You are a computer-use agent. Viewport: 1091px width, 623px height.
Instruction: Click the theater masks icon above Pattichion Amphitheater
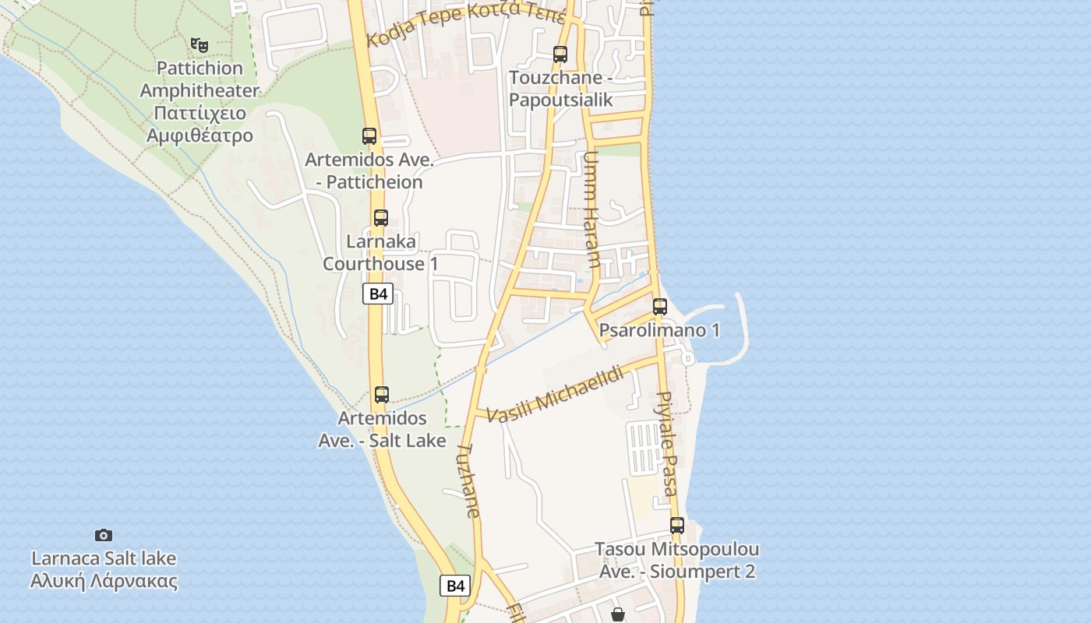pyautogui.click(x=199, y=45)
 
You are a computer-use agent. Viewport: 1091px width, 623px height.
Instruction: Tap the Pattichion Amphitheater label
pyautogui.click(x=199, y=102)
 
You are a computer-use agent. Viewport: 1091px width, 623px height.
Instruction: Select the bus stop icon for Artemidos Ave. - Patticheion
pyautogui.click(x=369, y=136)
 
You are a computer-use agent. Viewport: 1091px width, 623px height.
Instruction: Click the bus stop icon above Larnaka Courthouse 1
pyautogui.click(x=380, y=218)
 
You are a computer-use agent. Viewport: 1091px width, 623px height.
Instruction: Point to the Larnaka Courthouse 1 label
pyautogui.click(x=380, y=253)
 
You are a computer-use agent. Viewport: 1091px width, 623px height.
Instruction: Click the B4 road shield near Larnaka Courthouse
pyautogui.click(x=378, y=294)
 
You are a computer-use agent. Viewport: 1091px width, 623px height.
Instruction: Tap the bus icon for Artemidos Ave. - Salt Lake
pyautogui.click(x=381, y=395)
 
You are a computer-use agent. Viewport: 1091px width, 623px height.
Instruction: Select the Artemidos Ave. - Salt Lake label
pyautogui.click(x=382, y=430)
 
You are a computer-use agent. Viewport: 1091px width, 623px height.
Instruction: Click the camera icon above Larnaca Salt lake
pyautogui.click(x=104, y=535)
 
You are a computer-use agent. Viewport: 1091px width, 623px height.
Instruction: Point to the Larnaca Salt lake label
pyautogui.click(x=104, y=570)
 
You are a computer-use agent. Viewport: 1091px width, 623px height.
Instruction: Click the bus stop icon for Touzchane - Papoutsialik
pyautogui.click(x=560, y=55)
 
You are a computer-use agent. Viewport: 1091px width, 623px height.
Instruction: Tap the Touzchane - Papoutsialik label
pyautogui.click(x=561, y=89)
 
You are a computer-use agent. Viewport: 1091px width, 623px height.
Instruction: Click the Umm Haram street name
pyautogui.click(x=591, y=209)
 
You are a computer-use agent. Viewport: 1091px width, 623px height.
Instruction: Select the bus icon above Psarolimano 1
pyautogui.click(x=660, y=306)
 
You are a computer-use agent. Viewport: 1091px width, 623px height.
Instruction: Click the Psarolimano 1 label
pyautogui.click(x=659, y=330)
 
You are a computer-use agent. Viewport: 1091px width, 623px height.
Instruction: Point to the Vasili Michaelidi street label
pyautogui.click(x=555, y=395)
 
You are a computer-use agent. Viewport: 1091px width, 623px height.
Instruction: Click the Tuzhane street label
pyautogui.click(x=468, y=480)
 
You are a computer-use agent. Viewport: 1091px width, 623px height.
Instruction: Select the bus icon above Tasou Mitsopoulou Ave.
pyautogui.click(x=676, y=526)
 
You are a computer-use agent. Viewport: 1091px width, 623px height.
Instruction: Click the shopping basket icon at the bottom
pyautogui.click(x=618, y=614)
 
